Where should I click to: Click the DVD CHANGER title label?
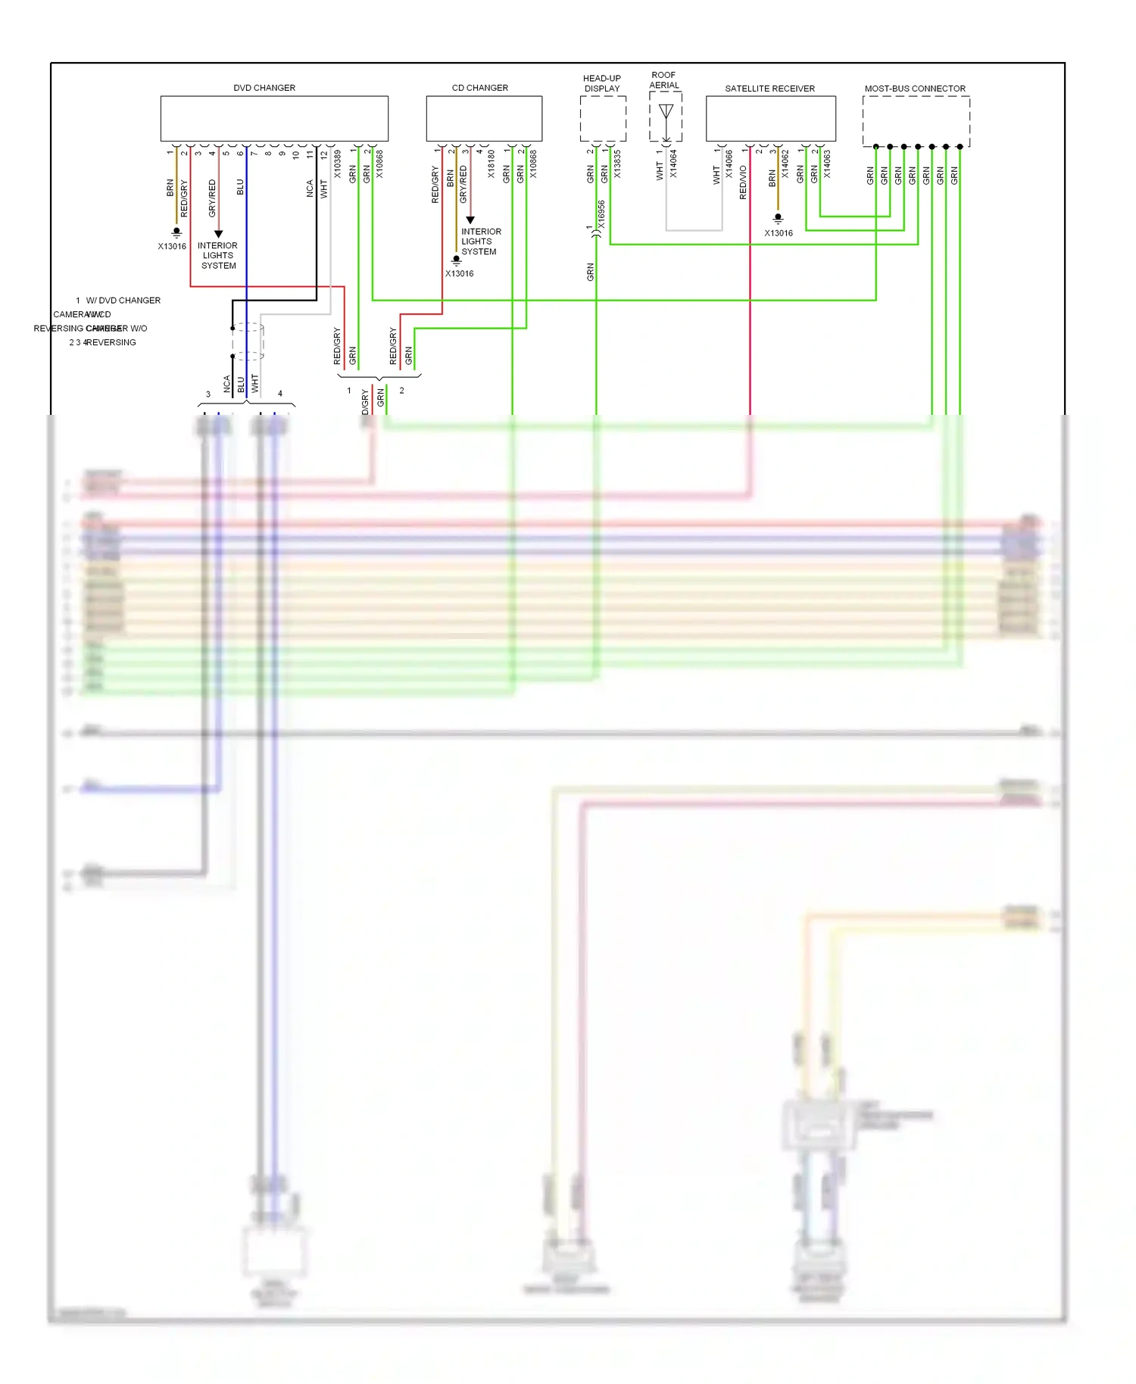tap(264, 88)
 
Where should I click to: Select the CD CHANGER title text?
tap(479, 88)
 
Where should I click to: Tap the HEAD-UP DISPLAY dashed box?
tap(603, 119)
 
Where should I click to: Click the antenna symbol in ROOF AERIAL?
tap(666, 113)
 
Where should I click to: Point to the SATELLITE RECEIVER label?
tap(769, 89)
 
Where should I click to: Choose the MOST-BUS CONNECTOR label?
tap(915, 89)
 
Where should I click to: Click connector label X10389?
tap(338, 164)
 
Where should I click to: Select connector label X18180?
tap(492, 164)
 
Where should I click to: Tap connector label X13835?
tap(617, 164)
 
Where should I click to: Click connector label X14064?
tap(673, 164)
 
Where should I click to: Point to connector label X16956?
tap(602, 214)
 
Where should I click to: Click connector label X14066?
tap(729, 164)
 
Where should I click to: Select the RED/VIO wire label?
tap(743, 182)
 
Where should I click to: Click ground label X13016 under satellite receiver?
tap(779, 233)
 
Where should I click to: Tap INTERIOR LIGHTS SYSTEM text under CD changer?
tap(480, 242)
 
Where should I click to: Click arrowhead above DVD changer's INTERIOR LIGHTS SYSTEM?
tap(218, 234)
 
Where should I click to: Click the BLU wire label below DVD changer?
tap(240, 187)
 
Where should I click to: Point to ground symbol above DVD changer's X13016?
tap(176, 232)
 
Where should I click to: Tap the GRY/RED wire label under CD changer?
tap(463, 184)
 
